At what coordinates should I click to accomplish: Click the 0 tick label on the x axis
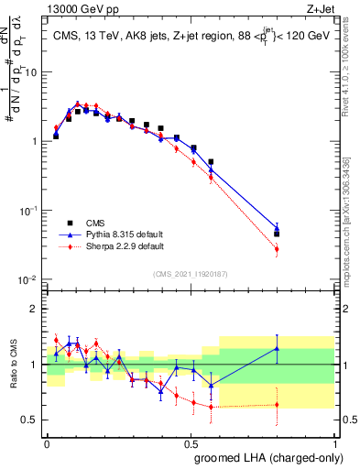(x=47, y=442)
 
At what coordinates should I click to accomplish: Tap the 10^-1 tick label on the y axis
(x=29, y=211)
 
